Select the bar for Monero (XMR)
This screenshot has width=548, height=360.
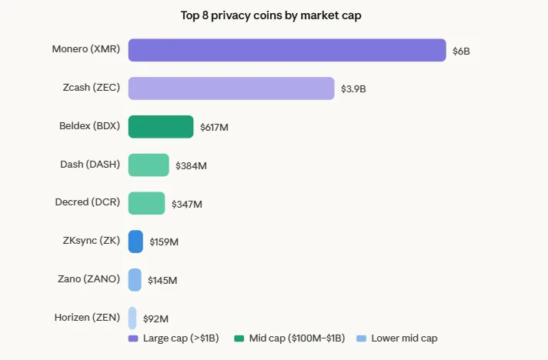287,50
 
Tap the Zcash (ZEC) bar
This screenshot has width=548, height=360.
231,88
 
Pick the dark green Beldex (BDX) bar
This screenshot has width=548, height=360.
161,127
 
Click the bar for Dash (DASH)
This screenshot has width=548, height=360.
149,165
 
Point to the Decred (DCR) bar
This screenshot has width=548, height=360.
146,203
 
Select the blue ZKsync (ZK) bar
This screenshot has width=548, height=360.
135,242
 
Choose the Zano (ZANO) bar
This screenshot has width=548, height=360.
135,280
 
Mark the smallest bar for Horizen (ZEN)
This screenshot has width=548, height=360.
132,318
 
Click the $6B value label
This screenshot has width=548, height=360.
461,51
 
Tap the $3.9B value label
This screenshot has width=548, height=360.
353,89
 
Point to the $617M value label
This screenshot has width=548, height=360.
214,128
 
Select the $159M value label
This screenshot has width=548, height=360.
164,242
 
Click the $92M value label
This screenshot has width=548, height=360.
155,318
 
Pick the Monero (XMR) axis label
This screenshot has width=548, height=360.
85,49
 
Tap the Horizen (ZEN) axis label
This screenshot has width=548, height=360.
87,317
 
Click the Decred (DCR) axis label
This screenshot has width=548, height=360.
87,202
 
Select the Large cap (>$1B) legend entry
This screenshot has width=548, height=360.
175,338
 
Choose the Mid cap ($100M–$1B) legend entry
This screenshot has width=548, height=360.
290,338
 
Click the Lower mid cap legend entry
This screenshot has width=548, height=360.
397,338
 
